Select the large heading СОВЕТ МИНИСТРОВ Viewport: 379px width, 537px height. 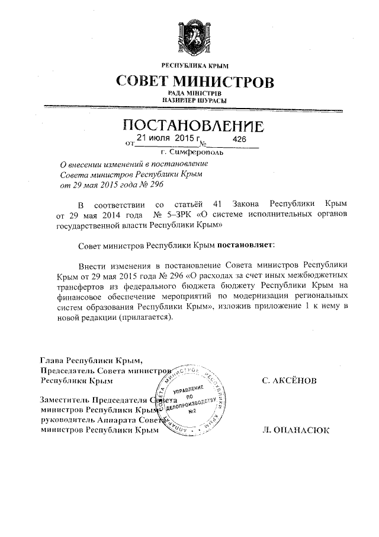pyautogui.click(x=195, y=81)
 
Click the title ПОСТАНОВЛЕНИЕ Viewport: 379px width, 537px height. pyautogui.click(x=193, y=126)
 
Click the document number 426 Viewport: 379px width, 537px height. pyautogui.click(x=239, y=138)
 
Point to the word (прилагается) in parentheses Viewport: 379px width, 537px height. pyautogui.click(x=144, y=317)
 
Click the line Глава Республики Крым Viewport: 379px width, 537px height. pyautogui.click(x=92, y=360)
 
